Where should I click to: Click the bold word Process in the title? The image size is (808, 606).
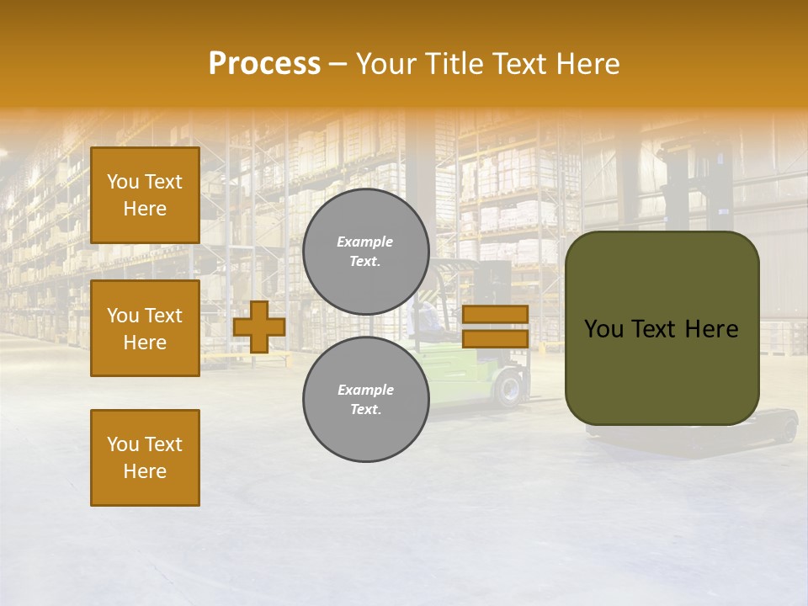coord(264,63)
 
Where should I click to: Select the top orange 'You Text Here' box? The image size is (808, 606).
coord(145,195)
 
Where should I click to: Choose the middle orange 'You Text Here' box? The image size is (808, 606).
coord(145,328)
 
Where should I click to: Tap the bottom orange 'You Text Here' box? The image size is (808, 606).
coord(145,458)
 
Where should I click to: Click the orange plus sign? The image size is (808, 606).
coord(259,327)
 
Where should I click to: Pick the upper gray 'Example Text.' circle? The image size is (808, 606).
coord(365,252)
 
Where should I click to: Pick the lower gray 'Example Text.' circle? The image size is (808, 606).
coord(365,399)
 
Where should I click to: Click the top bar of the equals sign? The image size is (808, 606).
coord(495,315)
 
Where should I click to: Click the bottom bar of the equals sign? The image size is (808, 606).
coord(495,339)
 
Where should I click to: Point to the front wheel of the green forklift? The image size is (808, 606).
coord(509,389)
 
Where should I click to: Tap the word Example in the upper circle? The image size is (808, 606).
coord(365,242)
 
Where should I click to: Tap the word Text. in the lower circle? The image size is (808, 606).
coord(365,410)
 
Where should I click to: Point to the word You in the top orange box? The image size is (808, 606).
coord(123,182)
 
